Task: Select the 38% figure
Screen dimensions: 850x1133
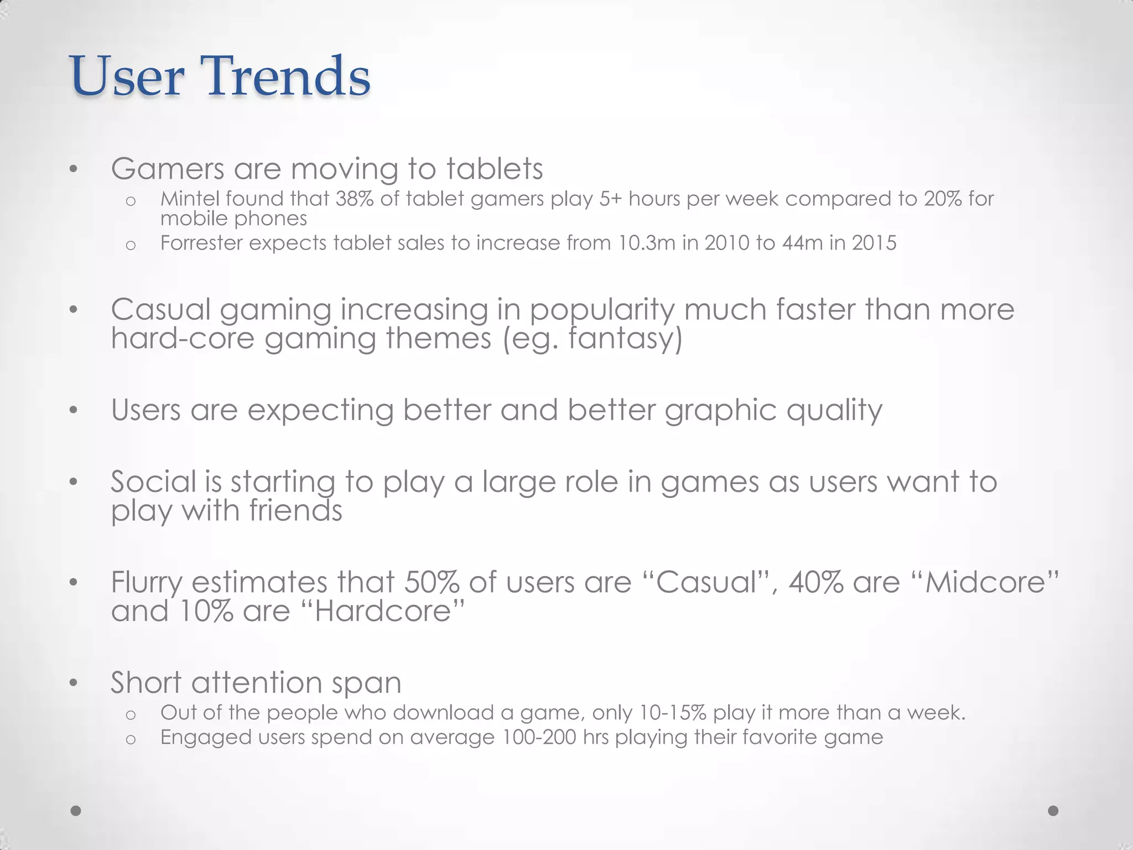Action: point(354,199)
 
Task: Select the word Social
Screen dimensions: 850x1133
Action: point(153,481)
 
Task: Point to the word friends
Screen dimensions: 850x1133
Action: point(295,510)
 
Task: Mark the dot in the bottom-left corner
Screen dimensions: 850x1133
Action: point(76,811)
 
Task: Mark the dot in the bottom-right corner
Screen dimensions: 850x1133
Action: point(1053,811)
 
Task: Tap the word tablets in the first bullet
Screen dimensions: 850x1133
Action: point(495,169)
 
